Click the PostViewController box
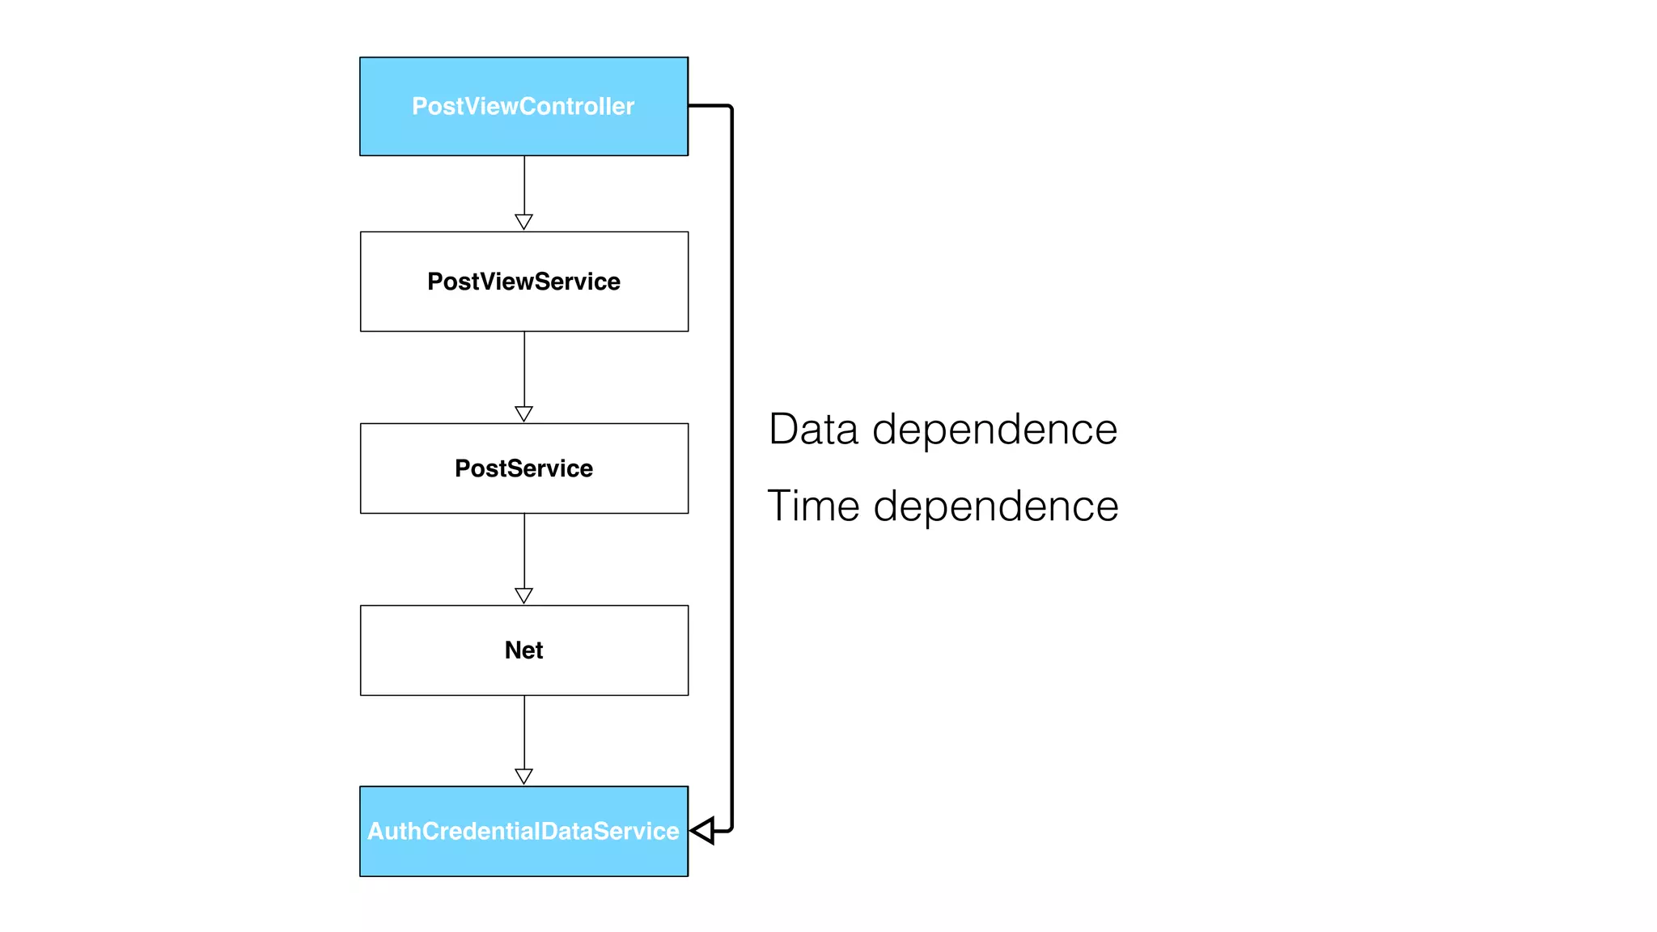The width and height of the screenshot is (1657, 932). click(523, 106)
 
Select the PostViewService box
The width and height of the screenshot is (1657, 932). click(523, 282)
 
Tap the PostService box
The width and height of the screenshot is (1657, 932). click(523, 468)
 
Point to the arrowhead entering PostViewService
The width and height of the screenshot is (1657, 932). click(523, 222)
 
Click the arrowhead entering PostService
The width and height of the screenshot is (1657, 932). click(523, 413)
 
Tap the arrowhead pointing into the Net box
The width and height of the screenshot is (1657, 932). click(523, 595)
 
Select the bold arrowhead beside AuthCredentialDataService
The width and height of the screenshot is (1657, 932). click(702, 831)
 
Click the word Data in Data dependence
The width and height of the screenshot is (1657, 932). click(812, 429)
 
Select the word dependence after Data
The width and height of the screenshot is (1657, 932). click(994, 429)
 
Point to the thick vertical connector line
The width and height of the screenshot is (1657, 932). click(732, 469)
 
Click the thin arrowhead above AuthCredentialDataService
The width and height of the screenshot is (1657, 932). click(523, 777)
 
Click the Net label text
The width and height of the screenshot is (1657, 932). click(523, 650)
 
